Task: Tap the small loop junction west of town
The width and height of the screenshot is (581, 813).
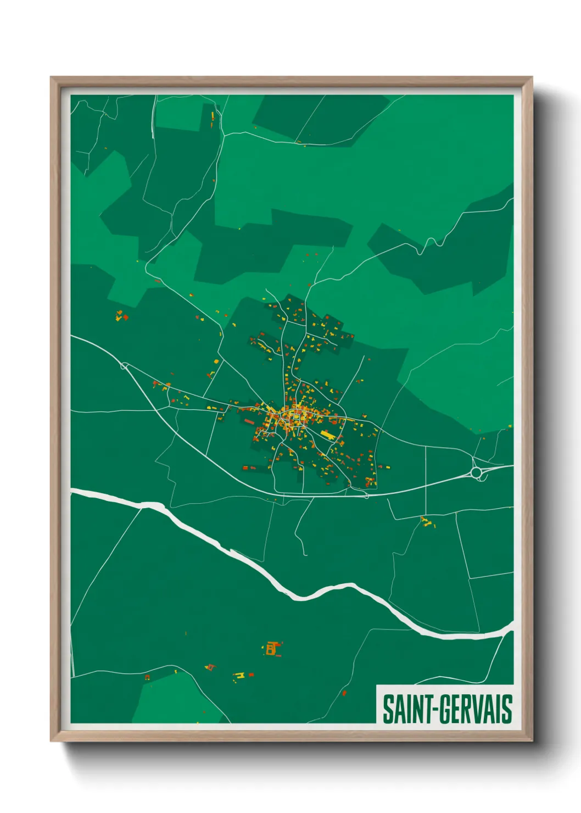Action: [124, 365]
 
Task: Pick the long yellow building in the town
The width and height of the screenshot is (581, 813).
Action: [328, 435]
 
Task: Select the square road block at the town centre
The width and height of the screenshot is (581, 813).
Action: [297, 420]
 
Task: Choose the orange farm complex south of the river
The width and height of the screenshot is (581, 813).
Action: [272, 649]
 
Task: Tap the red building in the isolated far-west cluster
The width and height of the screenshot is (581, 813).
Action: [125, 317]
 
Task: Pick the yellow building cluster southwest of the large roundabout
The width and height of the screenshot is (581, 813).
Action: [426, 521]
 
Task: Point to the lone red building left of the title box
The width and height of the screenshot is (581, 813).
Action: [344, 693]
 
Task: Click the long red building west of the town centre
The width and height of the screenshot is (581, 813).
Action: [250, 422]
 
